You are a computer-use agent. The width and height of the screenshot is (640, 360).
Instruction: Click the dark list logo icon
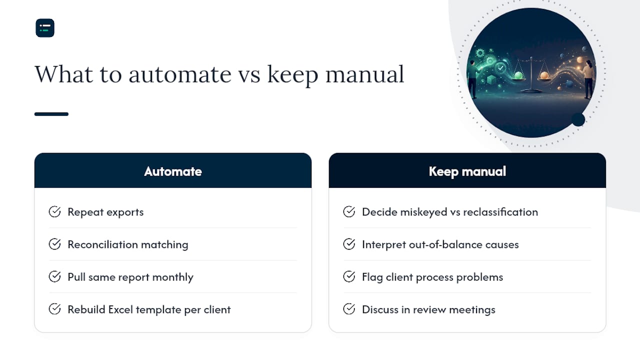click(45, 28)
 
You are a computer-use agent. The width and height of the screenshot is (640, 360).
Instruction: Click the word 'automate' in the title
click(180, 74)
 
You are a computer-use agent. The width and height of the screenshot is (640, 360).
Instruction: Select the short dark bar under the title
click(51, 114)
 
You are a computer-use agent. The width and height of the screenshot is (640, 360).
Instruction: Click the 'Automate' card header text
click(173, 171)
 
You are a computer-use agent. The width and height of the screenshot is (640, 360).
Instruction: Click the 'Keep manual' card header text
click(467, 171)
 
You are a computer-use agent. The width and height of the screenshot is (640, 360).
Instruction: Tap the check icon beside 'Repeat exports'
click(54, 211)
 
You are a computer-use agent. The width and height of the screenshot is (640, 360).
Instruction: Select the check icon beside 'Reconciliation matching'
click(54, 244)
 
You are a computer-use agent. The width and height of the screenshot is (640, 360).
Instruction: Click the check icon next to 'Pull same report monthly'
click(54, 276)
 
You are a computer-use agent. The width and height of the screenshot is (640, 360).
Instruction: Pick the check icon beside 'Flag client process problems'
click(349, 276)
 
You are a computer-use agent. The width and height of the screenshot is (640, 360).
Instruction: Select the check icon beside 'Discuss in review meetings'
click(349, 309)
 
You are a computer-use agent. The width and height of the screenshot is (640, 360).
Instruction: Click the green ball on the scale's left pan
click(518, 75)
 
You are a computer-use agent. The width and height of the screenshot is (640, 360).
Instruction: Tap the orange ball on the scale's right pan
click(544, 75)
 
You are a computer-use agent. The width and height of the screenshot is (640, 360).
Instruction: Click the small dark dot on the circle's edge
click(578, 119)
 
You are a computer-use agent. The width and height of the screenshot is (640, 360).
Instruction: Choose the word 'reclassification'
click(500, 212)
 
